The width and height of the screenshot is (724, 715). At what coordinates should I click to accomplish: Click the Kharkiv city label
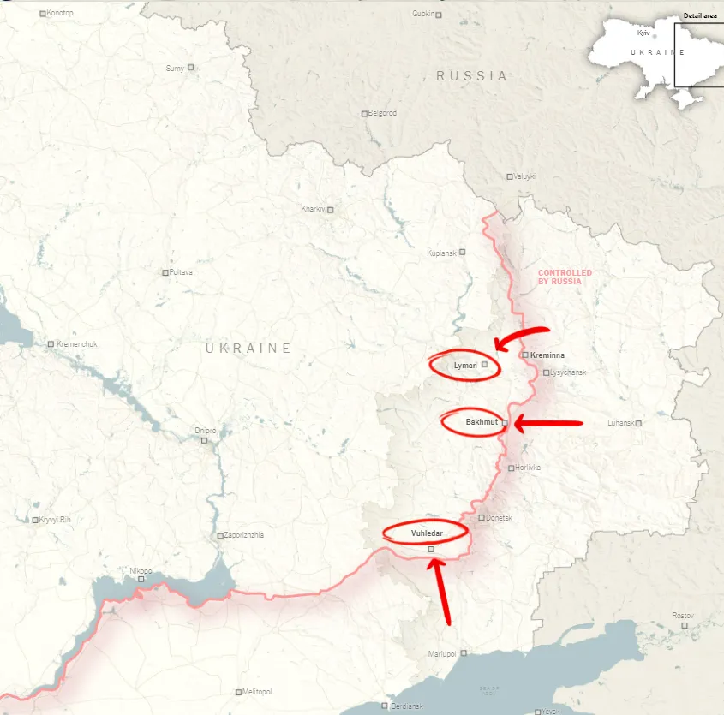click(x=313, y=209)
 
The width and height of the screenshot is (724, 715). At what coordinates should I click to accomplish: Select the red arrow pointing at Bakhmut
click(x=548, y=422)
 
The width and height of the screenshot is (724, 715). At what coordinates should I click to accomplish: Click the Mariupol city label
click(x=442, y=654)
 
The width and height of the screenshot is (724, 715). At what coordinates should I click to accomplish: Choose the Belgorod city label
click(x=381, y=113)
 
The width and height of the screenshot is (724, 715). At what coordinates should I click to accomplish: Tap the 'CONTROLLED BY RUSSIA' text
click(x=565, y=277)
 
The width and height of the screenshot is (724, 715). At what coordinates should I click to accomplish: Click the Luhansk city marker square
click(x=638, y=423)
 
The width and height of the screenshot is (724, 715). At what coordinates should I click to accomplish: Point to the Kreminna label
click(x=547, y=355)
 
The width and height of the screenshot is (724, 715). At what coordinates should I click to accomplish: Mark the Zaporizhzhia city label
click(x=243, y=535)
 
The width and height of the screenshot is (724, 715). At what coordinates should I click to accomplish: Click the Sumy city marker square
click(x=191, y=67)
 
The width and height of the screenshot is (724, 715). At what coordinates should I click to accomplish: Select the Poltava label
click(x=182, y=272)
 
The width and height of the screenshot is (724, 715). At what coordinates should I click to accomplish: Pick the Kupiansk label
click(x=441, y=253)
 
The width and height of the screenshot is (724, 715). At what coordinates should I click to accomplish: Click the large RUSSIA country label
click(x=471, y=75)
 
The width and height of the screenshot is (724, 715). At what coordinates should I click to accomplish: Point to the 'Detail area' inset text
click(x=701, y=15)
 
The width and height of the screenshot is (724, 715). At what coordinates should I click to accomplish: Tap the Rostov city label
click(x=682, y=616)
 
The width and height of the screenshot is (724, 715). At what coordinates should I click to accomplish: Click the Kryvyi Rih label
click(x=56, y=520)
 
